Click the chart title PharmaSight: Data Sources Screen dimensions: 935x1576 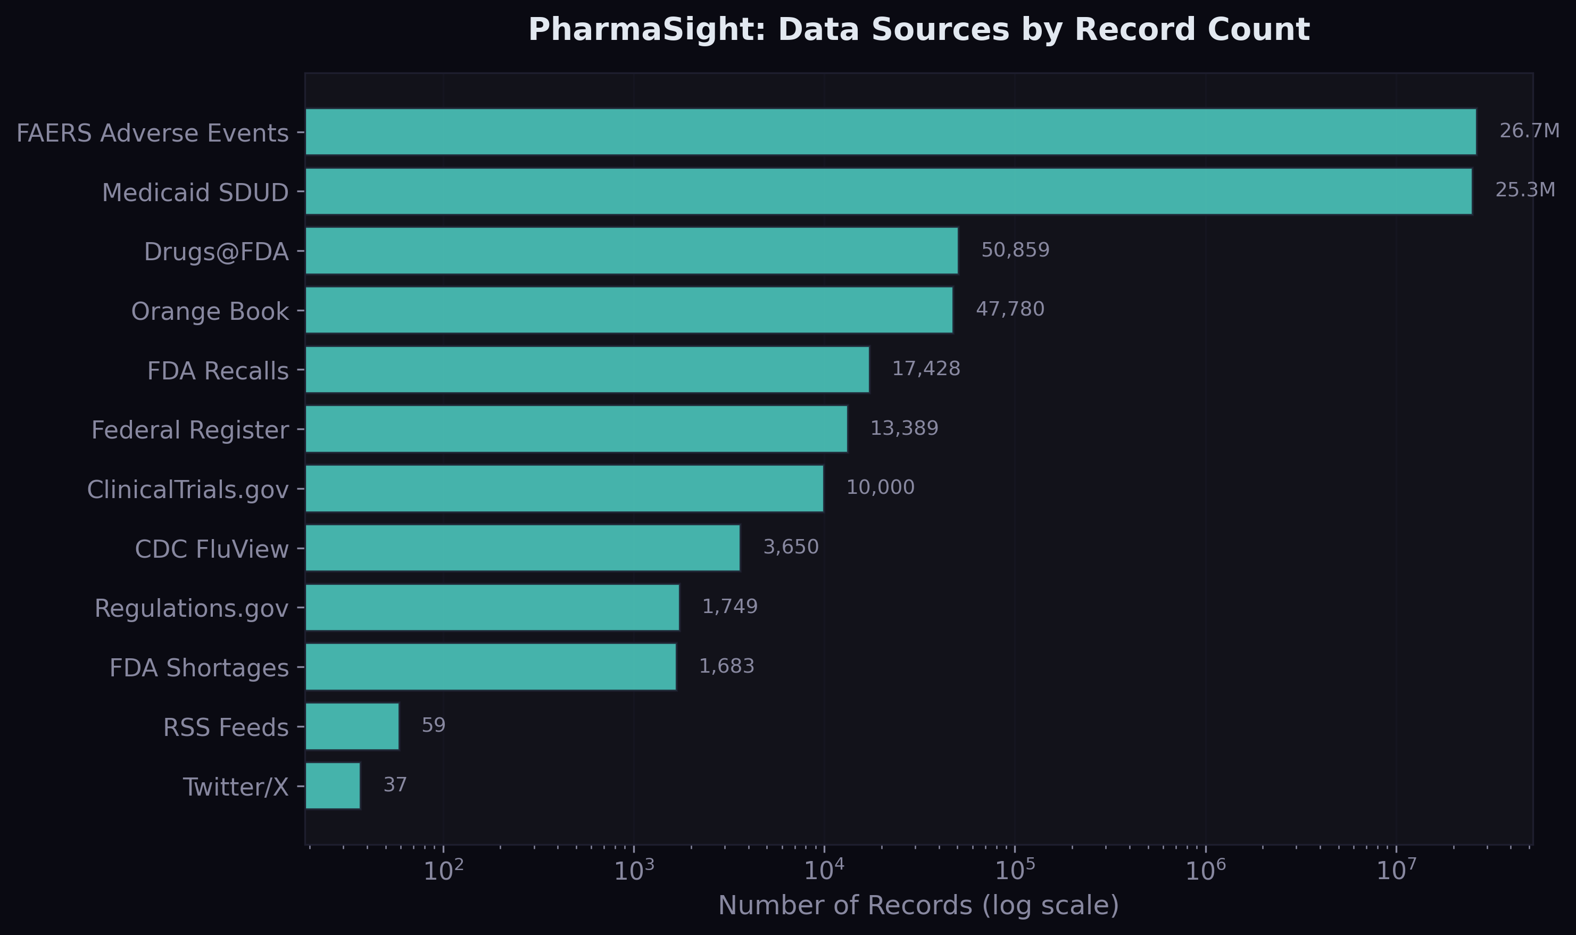919,30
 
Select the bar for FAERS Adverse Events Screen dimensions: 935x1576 890,131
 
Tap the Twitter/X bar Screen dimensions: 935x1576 333,785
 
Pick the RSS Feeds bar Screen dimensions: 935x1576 352,726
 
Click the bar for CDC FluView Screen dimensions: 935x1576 523,548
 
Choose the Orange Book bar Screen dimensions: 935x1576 628,310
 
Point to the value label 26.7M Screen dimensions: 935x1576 1529,131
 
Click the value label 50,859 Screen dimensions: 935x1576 1015,250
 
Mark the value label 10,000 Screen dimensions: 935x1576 880,487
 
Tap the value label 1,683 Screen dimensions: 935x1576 726,666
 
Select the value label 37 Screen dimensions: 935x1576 395,785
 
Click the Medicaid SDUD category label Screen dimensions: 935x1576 195,192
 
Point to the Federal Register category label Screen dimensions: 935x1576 190,431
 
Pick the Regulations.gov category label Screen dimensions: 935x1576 192,609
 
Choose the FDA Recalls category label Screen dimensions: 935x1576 218,371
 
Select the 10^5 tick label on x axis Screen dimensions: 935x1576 1015,871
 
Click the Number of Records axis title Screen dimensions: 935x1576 919,905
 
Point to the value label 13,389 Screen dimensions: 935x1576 904,428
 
